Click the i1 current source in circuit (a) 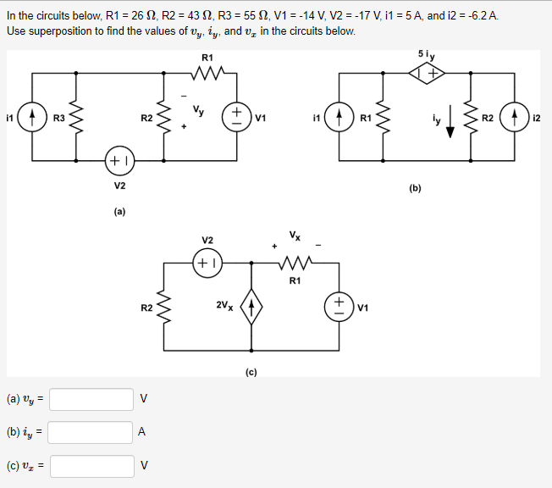pyautogui.click(x=32, y=116)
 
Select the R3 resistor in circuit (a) pyautogui.click(x=78, y=116)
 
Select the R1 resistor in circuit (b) pyautogui.click(x=385, y=116)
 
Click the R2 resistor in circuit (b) pyautogui.click(x=472, y=116)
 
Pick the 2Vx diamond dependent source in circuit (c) pyautogui.click(x=251, y=305)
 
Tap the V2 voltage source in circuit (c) pyautogui.click(x=207, y=262)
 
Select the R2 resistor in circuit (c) pyautogui.click(x=163, y=306)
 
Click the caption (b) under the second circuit pyautogui.click(x=414, y=189)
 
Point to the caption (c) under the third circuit pyautogui.click(x=251, y=370)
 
